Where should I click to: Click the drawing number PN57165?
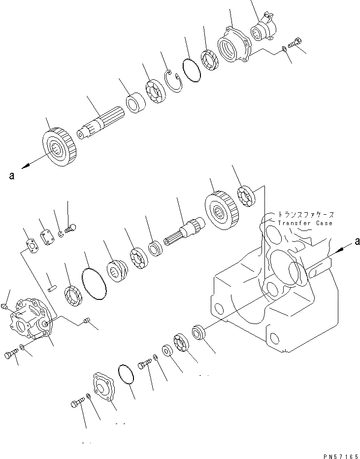pos(335,455)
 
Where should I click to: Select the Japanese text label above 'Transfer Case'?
pos(305,215)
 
